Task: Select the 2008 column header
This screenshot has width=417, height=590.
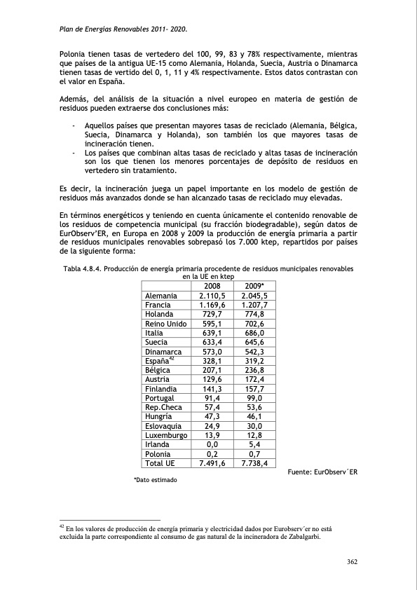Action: tap(212, 286)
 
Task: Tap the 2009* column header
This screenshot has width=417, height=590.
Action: tap(254, 286)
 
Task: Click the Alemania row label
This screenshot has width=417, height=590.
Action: tap(160, 296)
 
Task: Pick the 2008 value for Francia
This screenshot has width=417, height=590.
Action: tap(212, 306)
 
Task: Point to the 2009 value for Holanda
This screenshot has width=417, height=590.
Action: tap(254, 315)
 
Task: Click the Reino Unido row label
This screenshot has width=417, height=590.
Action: tap(165, 324)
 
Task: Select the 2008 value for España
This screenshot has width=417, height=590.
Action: tap(212, 361)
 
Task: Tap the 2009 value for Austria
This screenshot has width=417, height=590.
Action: tap(254, 379)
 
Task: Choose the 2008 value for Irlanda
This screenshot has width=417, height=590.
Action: tap(212, 444)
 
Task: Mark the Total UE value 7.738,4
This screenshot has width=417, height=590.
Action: tap(254, 462)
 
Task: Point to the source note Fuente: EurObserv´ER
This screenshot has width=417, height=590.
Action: tap(322, 472)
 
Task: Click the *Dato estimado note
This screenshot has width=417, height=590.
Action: tap(156, 480)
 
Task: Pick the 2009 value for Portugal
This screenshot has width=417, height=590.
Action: tap(254, 398)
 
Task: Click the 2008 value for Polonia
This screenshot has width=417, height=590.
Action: tap(212, 453)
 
